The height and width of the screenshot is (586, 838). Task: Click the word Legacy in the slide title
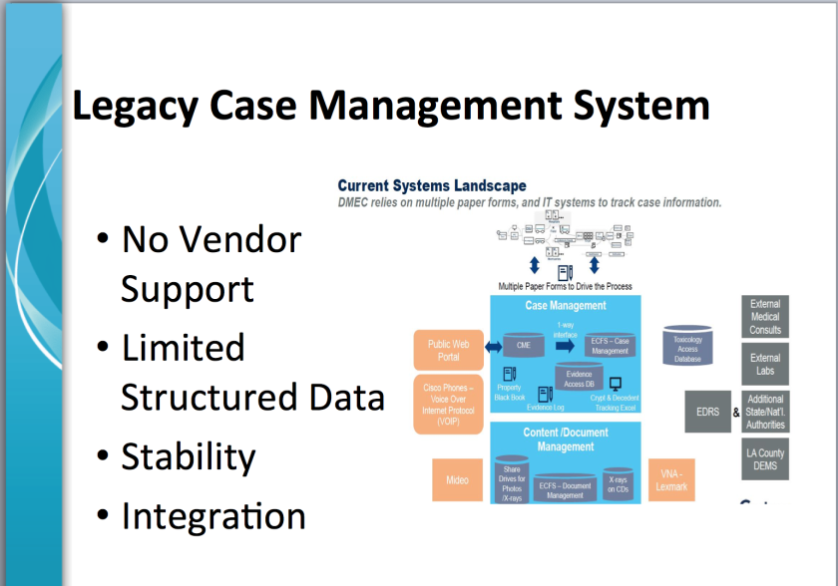click(x=151, y=107)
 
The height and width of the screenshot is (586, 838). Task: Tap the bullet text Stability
click(x=189, y=457)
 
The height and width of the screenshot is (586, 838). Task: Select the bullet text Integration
click(x=213, y=516)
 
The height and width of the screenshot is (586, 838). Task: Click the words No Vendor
click(x=210, y=239)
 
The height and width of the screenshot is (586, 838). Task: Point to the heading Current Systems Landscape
click(x=432, y=186)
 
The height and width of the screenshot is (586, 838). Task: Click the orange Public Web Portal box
click(x=448, y=351)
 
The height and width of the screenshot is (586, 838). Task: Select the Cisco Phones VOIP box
click(x=448, y=403)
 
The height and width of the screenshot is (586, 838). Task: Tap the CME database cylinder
click(x=523, y=345)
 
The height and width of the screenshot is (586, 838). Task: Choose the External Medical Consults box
click(x=765, y=317)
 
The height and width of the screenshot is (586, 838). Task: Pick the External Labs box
click(x=765, y=365)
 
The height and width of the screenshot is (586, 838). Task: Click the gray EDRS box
click(x=707, y=412)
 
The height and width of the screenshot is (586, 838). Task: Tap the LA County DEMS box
click(x=765, y=459)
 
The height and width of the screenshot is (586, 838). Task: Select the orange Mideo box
click(x=457, y=480)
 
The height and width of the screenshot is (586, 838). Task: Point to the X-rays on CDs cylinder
click(x=618, y=483)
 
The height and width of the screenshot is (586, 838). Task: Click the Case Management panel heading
click(x=565, y=306)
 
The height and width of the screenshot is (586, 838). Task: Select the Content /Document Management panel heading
click(x=565, y=439)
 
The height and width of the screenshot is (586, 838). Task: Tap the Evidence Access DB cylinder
click(x=579, y=377)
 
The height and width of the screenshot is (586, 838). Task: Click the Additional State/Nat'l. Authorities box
click(x=765, y=412)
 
